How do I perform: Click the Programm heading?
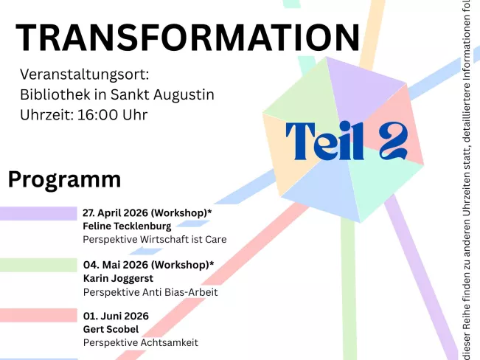(65, 179)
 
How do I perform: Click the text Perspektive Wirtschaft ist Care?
(154, 240)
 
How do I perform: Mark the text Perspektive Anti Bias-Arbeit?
(150, 292)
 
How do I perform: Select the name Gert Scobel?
(111, 329)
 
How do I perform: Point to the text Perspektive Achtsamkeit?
(140, 343)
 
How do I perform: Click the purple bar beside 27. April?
(38, 213)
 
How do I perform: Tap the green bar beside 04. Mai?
(38, 265)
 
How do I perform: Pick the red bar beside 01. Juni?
(38, 316)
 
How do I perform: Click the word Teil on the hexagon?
(325, 141)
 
